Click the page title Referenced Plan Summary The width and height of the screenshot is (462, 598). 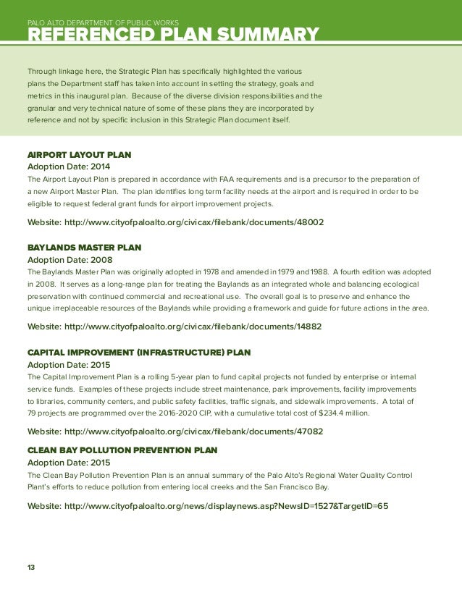tap(172, 35)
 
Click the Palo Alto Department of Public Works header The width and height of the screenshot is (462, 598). tap(103, 23)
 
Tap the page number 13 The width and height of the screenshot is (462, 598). tap(31, 568)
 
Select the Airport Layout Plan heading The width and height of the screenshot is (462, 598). tap(79, 155)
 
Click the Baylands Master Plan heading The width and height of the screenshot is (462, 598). tap(84, 248)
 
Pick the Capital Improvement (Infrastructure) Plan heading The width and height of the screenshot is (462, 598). tap(138, 353)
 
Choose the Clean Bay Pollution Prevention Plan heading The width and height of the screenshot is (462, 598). tap(122, 450)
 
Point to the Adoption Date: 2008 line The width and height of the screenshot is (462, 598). tap(69, 259)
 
